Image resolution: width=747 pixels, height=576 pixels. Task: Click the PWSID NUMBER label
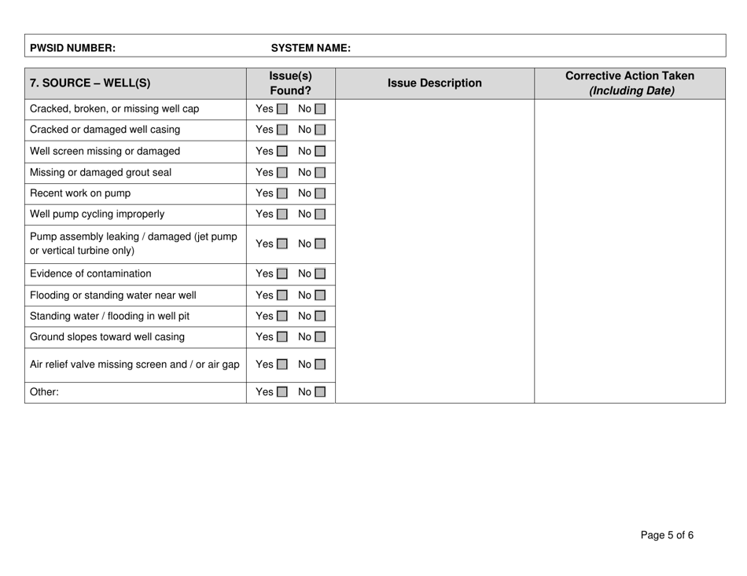[72, 47]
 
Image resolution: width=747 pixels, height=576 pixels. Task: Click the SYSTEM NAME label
[311, 47]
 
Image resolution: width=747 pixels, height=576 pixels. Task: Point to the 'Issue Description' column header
[435, 83]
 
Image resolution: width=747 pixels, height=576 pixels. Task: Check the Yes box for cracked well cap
[282, 108]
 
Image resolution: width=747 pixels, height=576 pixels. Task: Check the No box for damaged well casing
[320, 130]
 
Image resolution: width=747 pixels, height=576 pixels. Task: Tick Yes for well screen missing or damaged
[282, 151]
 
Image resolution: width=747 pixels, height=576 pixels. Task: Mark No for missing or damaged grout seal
[320, 173]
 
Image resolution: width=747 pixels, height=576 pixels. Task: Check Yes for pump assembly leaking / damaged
[282, 244]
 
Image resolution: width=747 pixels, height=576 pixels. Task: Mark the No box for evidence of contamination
[320, 274]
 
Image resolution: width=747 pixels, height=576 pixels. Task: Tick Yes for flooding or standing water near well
[282, 296]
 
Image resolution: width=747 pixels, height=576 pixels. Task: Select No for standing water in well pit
[320, 317]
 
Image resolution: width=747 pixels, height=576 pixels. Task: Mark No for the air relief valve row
[320, 364]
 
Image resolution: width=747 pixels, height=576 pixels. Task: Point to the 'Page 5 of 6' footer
[666, 536]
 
